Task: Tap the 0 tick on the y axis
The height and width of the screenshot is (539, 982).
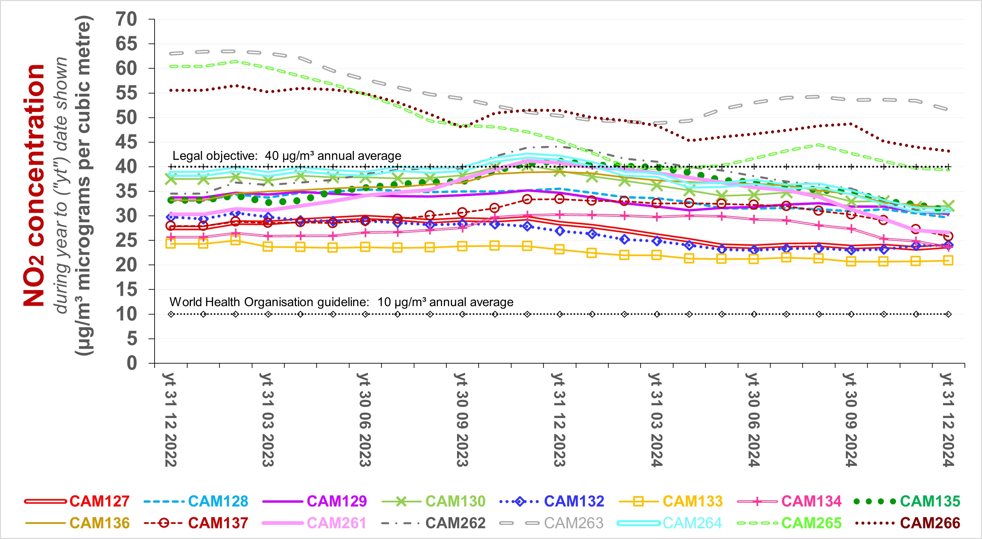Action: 131,363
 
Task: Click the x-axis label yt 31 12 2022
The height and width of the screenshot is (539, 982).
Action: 171,419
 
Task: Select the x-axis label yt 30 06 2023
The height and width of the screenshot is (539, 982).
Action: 365,419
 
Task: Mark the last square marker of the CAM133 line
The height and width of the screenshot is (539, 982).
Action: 948,261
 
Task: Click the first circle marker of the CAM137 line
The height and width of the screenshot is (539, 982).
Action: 171,226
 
